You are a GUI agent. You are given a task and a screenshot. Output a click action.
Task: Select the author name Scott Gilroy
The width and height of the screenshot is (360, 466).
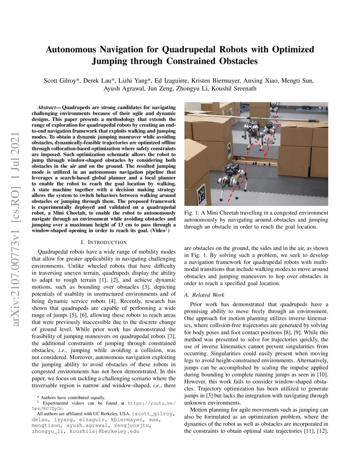coord(62,81)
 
